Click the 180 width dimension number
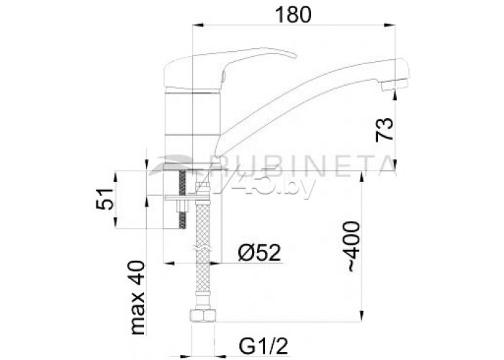(294, 15)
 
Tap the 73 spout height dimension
(384, 129)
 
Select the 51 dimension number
(105, 199)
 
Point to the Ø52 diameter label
(259, 253)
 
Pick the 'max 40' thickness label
(137, 297)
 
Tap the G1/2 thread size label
(264, 346)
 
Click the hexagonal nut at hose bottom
(202, 315)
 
